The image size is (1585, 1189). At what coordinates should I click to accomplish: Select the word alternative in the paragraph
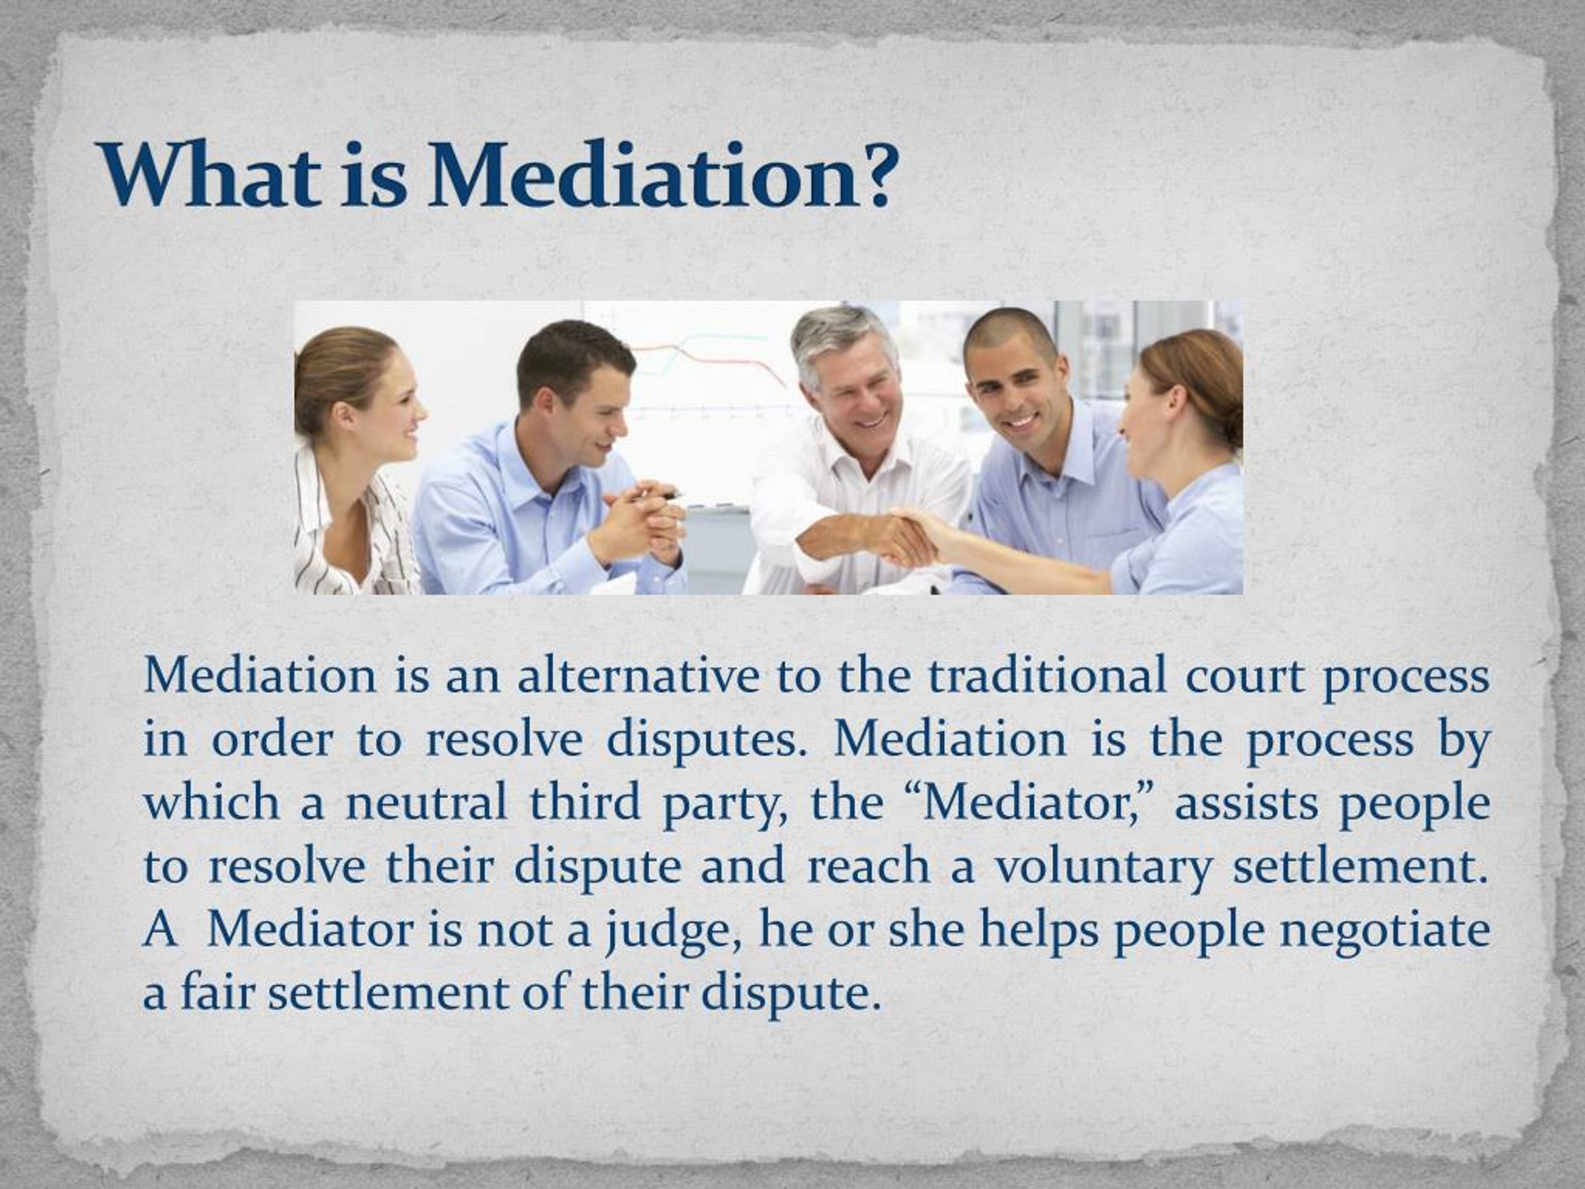point(638,677)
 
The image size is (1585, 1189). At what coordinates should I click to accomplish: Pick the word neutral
point(427,802)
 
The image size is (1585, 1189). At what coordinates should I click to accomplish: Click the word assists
point(1246,803)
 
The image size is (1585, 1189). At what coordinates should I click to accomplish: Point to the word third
point(584,802)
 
